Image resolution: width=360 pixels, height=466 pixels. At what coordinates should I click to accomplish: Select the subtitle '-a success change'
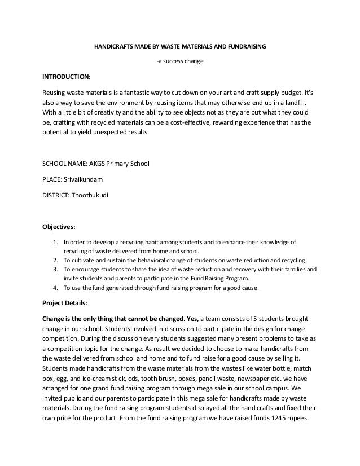pyautogui.click(x=179, y=61)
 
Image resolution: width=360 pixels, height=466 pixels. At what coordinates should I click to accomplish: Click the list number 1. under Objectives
pyautogui.click(x=55, y=243)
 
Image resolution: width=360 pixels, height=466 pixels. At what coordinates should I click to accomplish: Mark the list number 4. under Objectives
pyautogui.click(x=55, y=288)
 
